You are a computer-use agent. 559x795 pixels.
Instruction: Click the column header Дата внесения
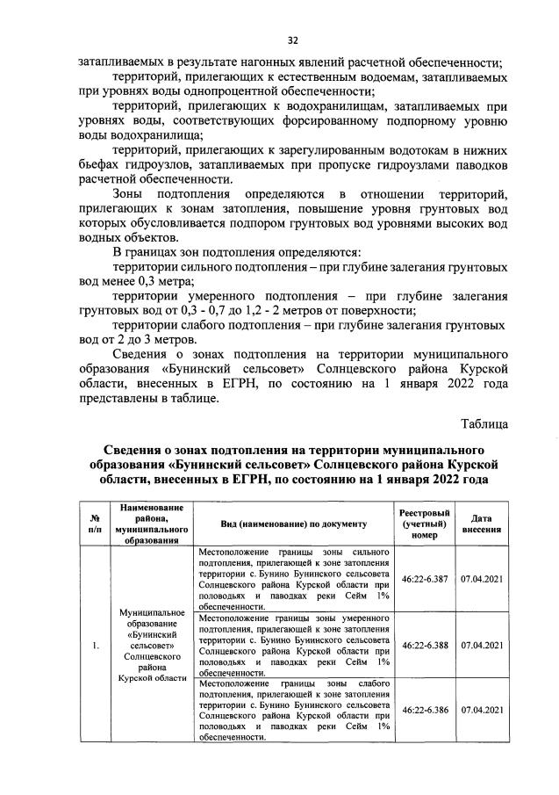click(481, 524)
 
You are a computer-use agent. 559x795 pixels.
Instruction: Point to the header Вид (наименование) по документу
click(293, 524)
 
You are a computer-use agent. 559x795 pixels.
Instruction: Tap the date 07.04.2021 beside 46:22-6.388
click(481, 644)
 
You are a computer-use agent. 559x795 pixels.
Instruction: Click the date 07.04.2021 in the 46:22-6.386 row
click(481, 709)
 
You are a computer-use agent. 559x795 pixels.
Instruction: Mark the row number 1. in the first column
click(94, 644)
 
